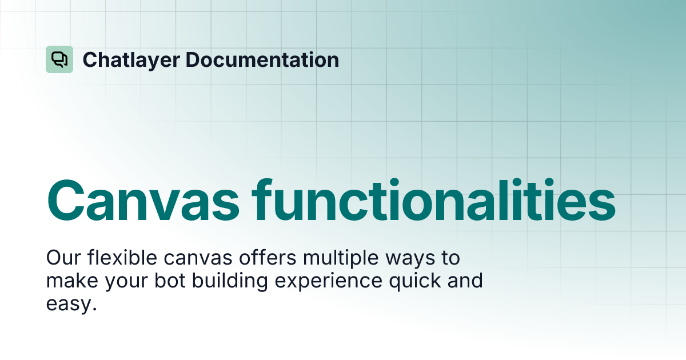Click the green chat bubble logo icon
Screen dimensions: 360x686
[59, 59]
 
